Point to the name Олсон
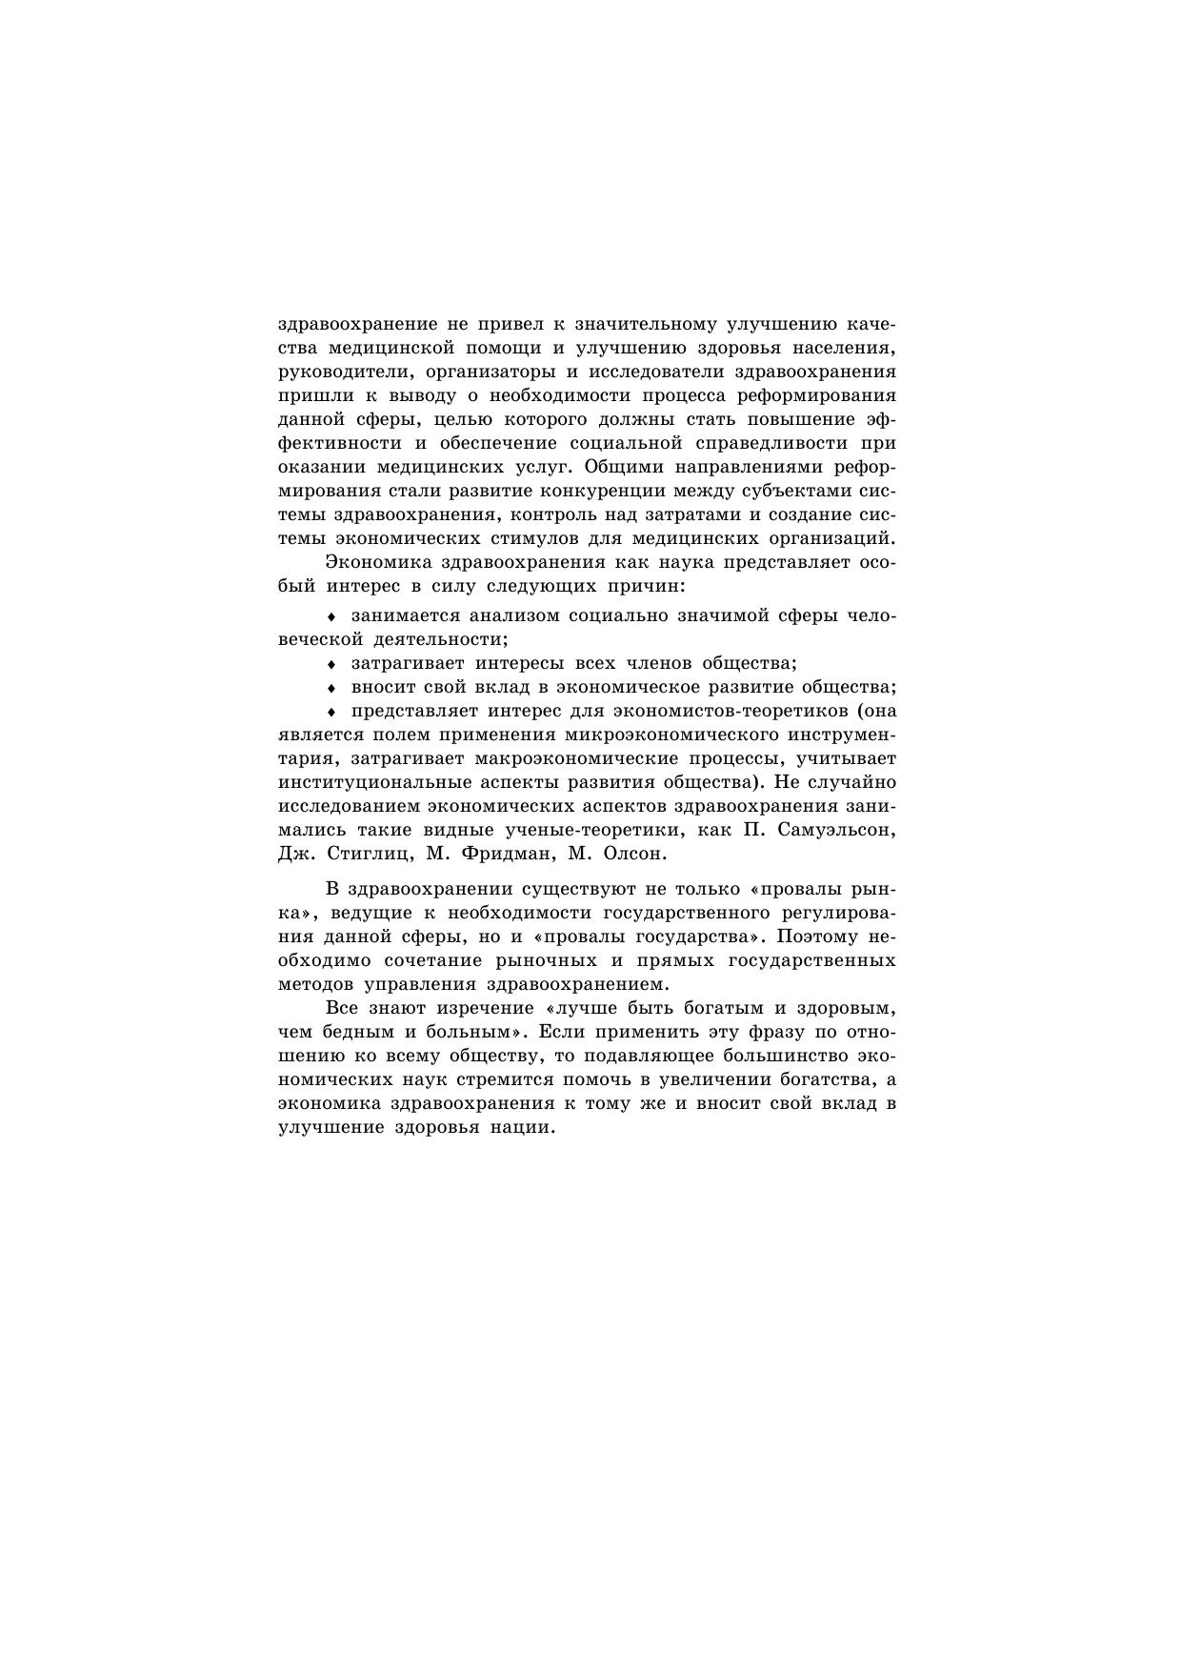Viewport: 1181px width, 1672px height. click(x=630, y=854)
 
